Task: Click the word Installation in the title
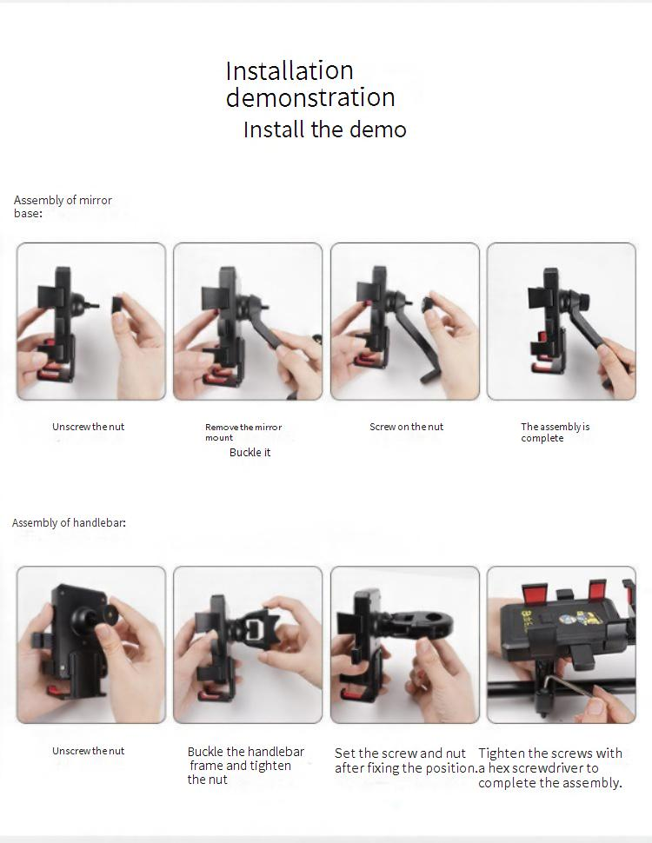pos(289,70)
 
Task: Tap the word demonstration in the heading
pos(310,97)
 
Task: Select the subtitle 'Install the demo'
pos(324,129)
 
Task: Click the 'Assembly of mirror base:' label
pos(63,207)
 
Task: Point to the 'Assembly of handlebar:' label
pos(69,522)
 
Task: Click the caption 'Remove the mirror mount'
pos(243,432)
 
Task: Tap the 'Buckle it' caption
pos(249,452)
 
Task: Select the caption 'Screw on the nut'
pos(406,427)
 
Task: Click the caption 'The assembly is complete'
pos(555,432)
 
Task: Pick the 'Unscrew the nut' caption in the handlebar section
pos(88,751)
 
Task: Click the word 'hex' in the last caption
pos(499,767)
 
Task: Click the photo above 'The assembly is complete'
pos(561,322)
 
